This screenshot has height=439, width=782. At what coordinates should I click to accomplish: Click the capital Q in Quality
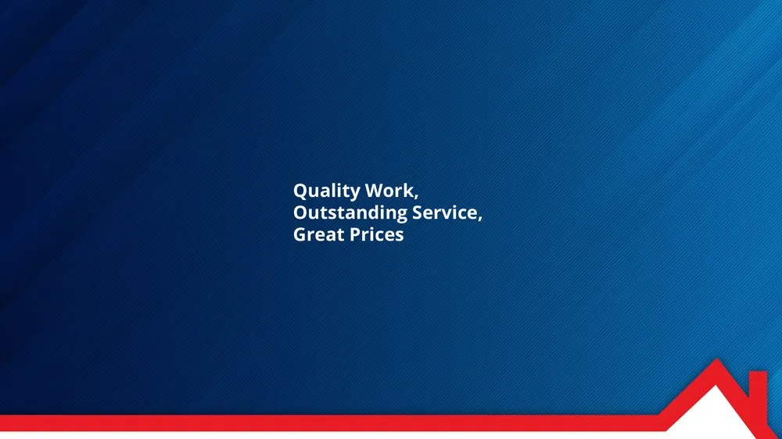click(300, 191)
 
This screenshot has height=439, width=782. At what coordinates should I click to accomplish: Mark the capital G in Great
click(300, 234)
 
